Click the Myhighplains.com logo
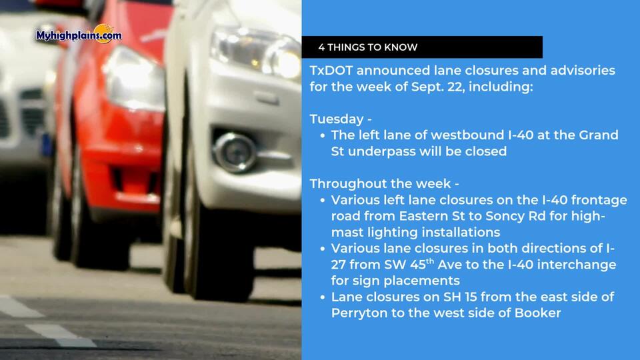(x=79, y=34)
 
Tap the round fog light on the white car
(x=235, y=152)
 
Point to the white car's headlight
(x=256, y=52)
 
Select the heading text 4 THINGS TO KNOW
(x=368, y=47)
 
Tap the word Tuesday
(x=337, y=119)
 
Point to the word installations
(x=461, y=232)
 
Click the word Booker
(x=537, y=313)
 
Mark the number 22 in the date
(x=457, y=87)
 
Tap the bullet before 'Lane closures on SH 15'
(x=323, y=297)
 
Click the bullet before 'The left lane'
(x=323, y=135)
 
